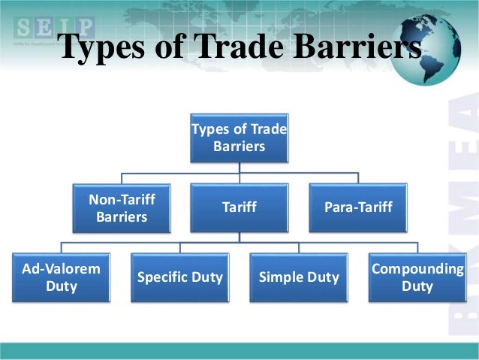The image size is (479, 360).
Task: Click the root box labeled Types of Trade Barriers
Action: click(x=239, y=138)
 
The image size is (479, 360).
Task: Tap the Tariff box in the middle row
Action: click(x=239, y=207)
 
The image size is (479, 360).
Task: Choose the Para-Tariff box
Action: click(x=358, y=207)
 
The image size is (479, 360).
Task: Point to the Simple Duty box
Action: click(x=299, y=277)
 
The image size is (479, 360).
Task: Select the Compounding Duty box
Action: click(x=417, y=277)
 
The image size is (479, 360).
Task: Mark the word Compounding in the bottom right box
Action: click(x=417, y=268)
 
